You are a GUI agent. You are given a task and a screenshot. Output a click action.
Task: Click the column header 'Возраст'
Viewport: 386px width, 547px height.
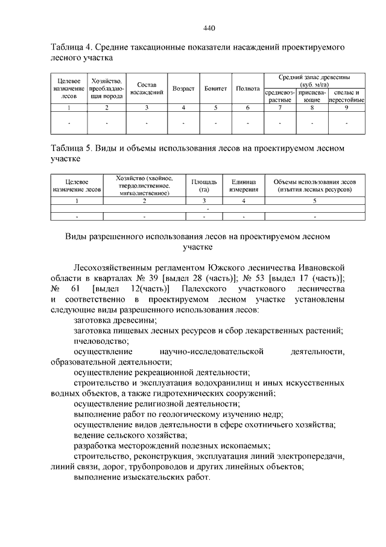tap(183, 88)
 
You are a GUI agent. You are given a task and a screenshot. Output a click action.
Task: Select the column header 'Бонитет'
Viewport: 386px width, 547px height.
tap(215, 88)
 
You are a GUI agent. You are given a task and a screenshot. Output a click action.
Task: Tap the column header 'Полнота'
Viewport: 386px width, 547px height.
tap(248, 88)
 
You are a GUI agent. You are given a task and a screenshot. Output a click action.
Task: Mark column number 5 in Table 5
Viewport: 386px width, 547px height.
tap(315, 199)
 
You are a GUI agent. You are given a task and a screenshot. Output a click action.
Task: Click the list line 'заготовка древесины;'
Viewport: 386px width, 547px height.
tap(112, 320)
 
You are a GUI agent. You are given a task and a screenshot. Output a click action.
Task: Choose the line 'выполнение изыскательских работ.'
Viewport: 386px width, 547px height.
tap(142, 477)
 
